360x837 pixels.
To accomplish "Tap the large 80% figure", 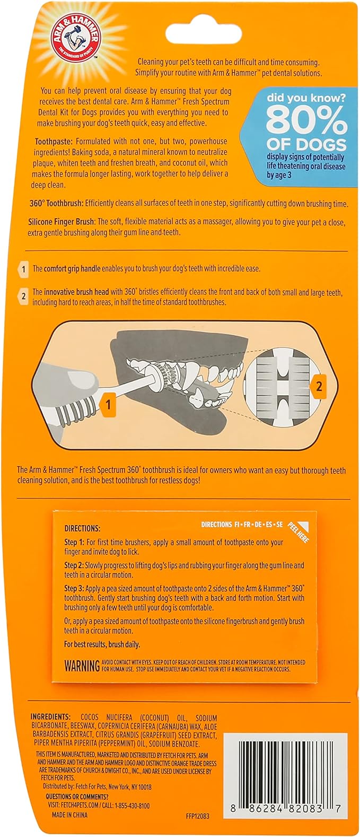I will tap(306, 121).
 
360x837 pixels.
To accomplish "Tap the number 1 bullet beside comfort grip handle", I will tap(23, 269).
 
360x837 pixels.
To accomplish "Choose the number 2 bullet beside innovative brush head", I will tap(23, 296).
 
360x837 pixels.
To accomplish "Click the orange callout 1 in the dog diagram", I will tap(108, 405).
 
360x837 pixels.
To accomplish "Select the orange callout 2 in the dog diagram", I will tap(319, 386).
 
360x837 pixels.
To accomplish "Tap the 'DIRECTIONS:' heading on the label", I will tap(82, 528).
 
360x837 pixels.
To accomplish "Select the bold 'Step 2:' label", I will tap(74, 565).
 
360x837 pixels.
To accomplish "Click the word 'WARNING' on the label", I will tap(82, 666).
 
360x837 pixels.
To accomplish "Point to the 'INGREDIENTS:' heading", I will tap(50, 717).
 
